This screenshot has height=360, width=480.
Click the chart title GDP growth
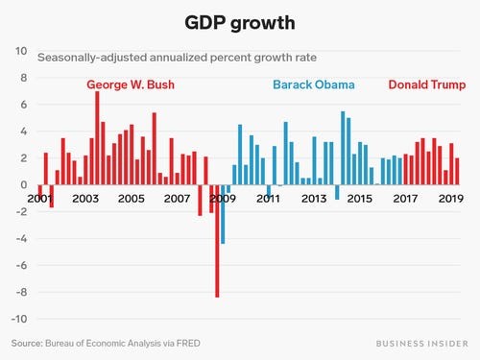[x=239, y=21]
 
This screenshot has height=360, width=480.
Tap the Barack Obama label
[x=314, y=84]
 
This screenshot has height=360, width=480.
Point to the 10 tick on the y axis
[x=21, y=50]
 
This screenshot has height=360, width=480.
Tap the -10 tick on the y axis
[x=19, y=319]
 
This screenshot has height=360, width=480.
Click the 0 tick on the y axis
[x=24, y=184]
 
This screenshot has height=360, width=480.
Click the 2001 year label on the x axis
[x=39, y=199]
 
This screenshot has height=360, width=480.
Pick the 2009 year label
[x=223, y=199]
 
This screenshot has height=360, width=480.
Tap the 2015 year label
[x=359, y=199]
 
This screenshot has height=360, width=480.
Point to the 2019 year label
[x=451, y=199]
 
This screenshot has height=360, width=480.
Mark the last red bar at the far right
[x=457, y=171]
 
